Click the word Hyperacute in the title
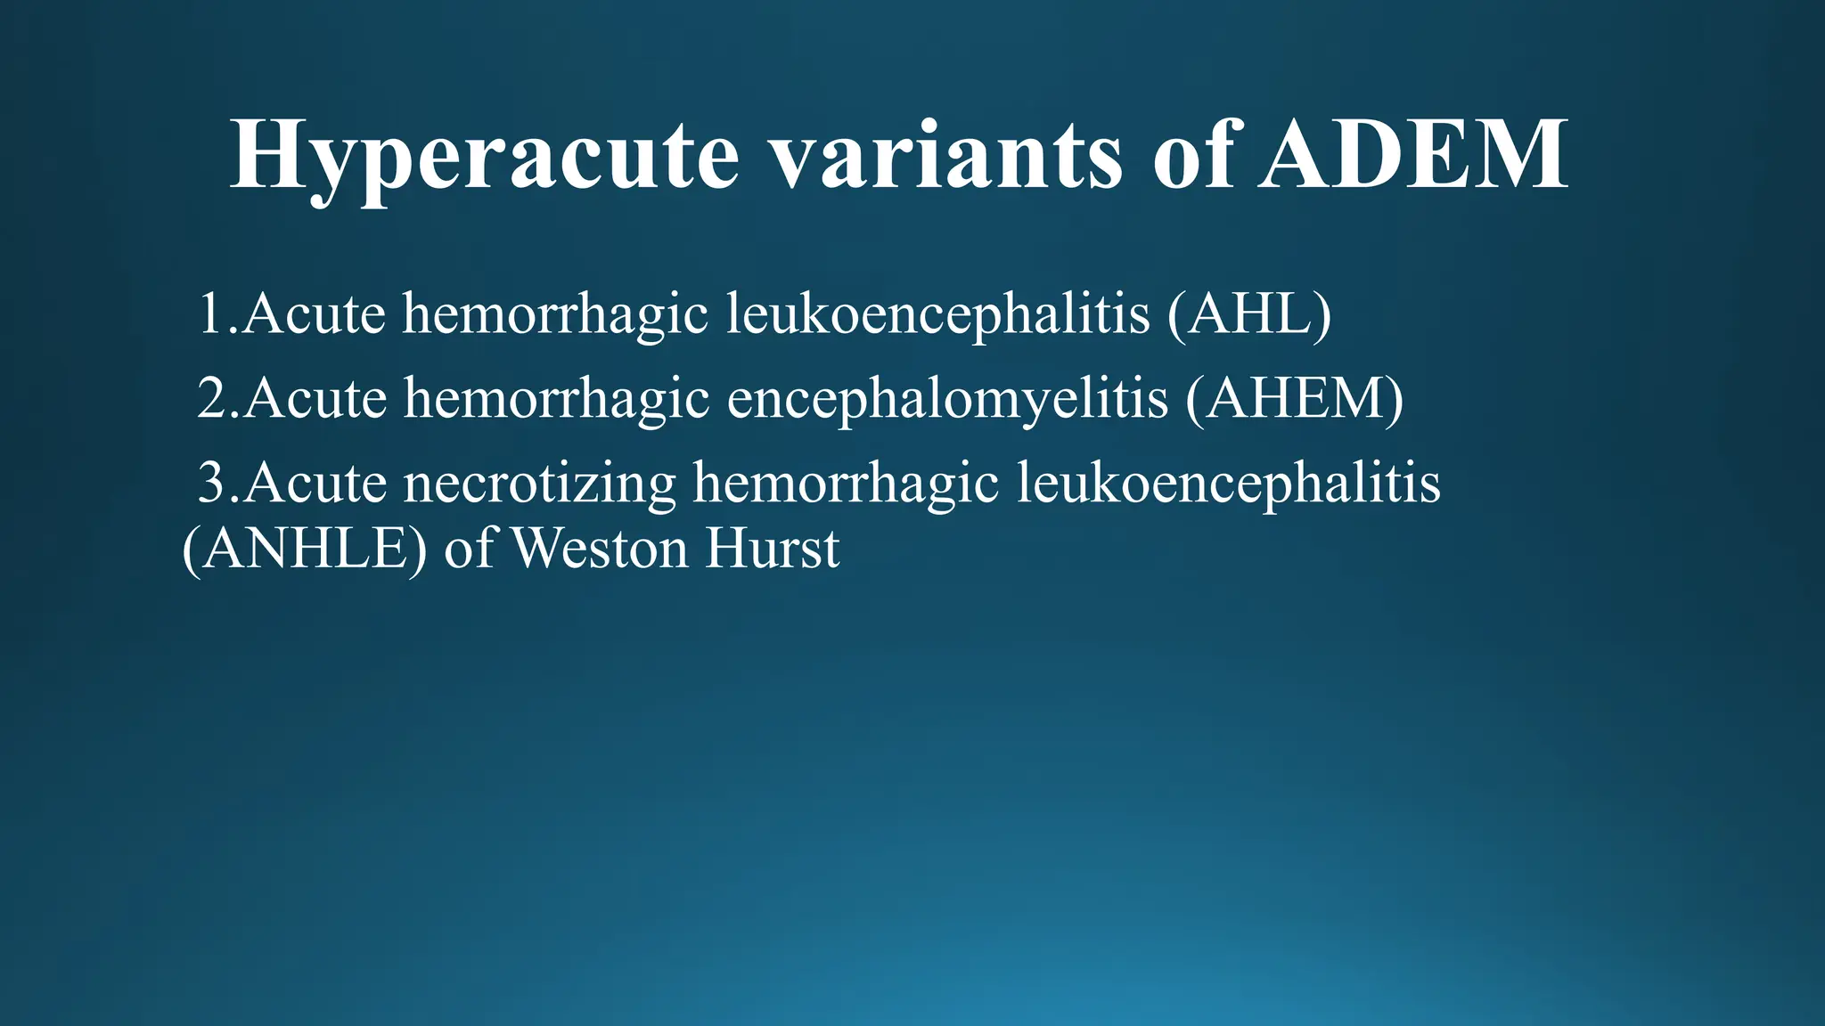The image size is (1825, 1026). point(485,157)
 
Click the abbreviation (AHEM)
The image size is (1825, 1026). point(1295,398)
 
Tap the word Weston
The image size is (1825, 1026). point(601,550)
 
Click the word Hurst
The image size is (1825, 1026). point(772,550)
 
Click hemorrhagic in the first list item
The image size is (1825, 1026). point(555,316)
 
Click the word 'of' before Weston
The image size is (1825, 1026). point(468,550)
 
